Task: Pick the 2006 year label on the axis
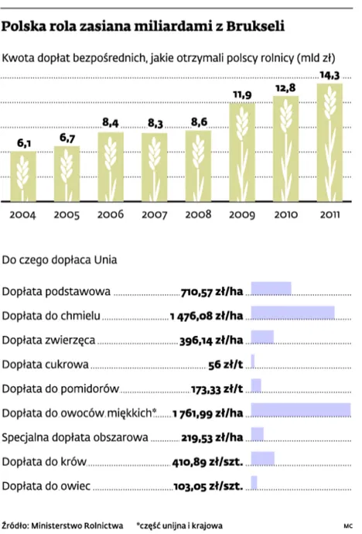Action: click(x=111, y=214)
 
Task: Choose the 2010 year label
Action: click(x=286, y=214)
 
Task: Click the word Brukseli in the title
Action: click(x=251, y=27)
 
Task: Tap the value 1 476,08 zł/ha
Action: click(x=206, y=316)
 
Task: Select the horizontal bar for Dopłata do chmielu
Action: click(x=293, y=313)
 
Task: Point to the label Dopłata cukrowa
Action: click(x=46, y=364)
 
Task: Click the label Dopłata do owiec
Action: click(x=47, y=486)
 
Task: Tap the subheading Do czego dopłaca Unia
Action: click(x=60, y=259)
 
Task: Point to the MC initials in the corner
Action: click(x=349, y=525)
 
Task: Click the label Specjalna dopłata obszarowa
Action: click(x=75, y=437)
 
